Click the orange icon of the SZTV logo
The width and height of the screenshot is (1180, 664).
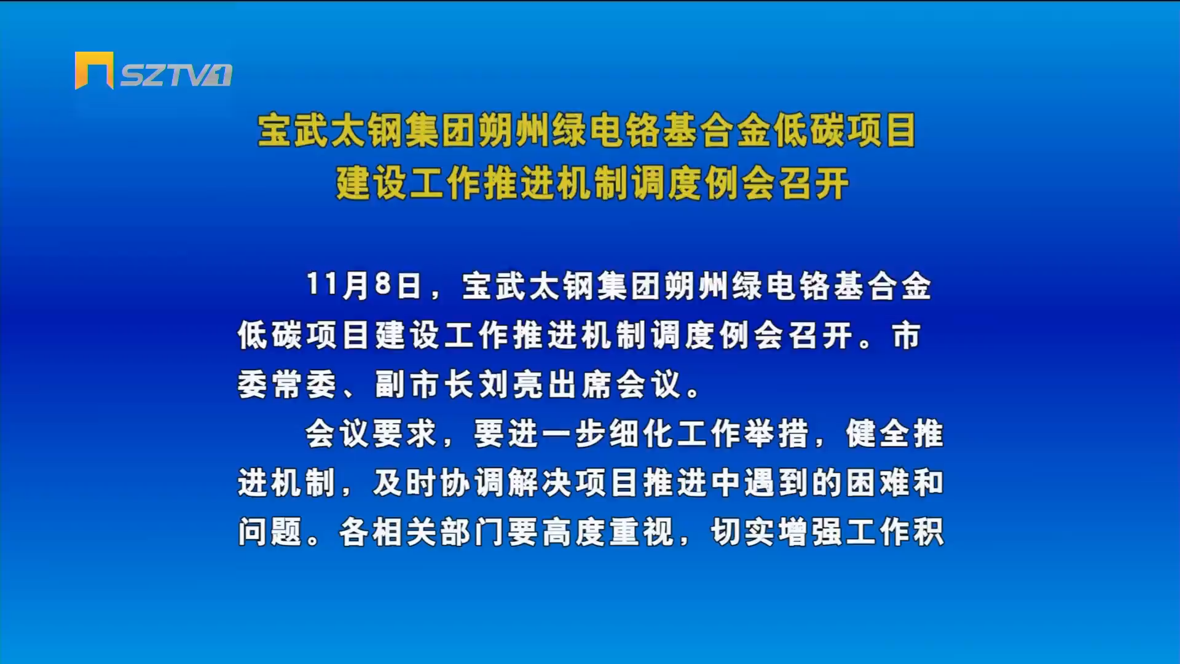click(94, 71)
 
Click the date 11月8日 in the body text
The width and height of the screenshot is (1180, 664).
click(364, 286)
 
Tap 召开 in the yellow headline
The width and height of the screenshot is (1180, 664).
click(814, 183)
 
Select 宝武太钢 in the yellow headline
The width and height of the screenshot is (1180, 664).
click(330, 130)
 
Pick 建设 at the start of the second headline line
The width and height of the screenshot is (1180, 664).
click(371, 183)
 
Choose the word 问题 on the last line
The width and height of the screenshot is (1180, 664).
click(270, 532)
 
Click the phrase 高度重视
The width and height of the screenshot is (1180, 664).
click(608, 532)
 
